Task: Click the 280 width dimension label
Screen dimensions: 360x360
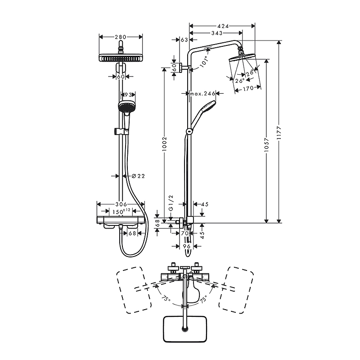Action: [121, 37]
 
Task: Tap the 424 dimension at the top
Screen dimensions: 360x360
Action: [223, 26]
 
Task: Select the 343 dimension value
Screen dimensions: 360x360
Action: [217, 33]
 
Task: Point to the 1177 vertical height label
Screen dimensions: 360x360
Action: [279, 133]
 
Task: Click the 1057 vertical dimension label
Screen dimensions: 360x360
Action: [266, 144]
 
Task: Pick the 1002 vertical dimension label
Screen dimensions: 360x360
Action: [164, 144]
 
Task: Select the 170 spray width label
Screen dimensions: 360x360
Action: [248, 88]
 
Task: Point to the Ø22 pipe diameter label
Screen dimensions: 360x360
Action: [139, 176]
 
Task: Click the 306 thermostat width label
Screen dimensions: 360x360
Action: [121, 204]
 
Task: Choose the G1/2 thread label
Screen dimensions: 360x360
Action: [171, 203]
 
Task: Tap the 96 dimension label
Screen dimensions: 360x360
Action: [187, 246]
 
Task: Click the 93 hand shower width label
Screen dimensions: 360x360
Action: [128, 94]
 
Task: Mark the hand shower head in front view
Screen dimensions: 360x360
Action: [125, 106]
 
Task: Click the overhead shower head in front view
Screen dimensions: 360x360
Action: [121, 58]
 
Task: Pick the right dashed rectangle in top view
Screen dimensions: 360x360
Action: [236, 290]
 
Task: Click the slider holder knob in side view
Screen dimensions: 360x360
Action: [189, 131]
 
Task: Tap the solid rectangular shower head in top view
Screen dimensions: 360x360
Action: [184, 329]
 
